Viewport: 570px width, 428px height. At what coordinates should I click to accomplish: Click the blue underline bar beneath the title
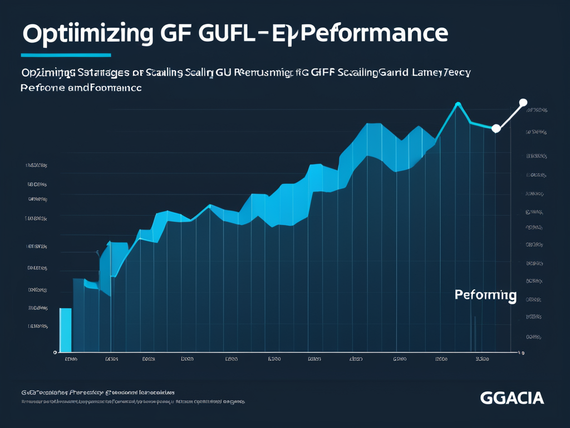tap(66, 55)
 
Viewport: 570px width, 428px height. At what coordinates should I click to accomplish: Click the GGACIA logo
tap(512, 398)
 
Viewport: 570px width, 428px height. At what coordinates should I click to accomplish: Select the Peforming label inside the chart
tap(485, 295)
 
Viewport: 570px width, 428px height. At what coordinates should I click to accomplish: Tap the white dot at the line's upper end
tap(523, 103)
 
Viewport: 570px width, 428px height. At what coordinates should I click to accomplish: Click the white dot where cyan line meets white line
tap(496, 129)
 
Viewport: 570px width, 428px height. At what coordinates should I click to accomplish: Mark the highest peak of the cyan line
tap(458, 104)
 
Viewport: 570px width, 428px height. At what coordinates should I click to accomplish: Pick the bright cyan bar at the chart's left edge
tap(65, 329)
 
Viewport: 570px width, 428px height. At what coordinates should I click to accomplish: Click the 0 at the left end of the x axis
tap(55, 353)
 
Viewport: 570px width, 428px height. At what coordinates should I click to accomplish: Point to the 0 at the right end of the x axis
tap(522, 353)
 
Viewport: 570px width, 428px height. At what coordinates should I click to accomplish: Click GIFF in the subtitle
tap(320, 72)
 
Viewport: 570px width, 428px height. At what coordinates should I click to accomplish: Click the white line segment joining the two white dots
tap(509, 116)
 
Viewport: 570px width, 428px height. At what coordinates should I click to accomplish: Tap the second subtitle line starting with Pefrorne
tap(81, 88)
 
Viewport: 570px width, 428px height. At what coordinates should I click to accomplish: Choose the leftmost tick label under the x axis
tap(71, 360)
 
